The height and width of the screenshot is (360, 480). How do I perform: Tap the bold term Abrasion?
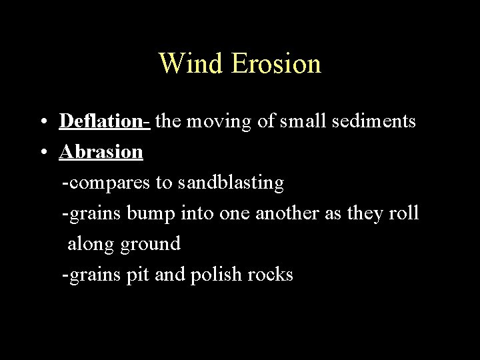(101, 152)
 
